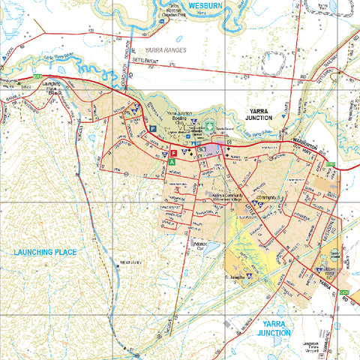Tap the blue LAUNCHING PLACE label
[45, 252]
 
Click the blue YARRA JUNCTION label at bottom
[273, 328]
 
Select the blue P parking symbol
[152, 129]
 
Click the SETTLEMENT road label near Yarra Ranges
[147, 59]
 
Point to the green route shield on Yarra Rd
[345, 293]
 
